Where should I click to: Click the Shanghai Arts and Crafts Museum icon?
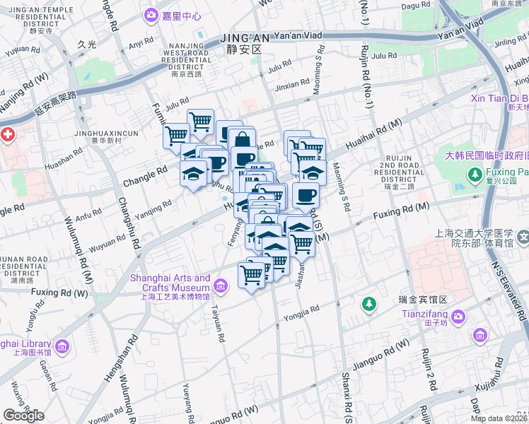221,285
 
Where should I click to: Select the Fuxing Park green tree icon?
479,172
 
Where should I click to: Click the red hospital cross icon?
6,134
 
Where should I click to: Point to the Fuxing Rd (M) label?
402,208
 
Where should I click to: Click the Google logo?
23,415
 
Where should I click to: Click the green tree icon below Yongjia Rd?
368,305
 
